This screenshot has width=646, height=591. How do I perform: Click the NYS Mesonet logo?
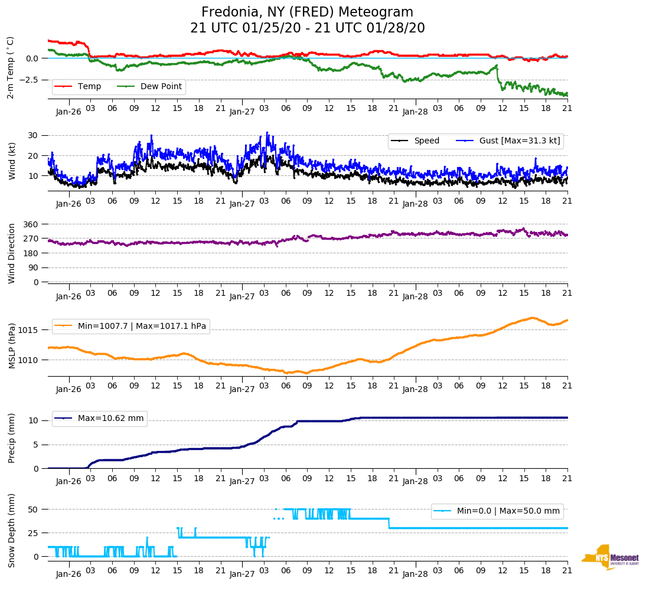point(610,557)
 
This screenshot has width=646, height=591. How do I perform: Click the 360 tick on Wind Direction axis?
point(31,224)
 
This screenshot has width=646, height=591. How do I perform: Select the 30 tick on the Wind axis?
point(34,135)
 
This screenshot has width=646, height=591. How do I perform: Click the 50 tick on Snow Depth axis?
point(34,509)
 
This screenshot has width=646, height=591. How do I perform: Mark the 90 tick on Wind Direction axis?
point(34,267)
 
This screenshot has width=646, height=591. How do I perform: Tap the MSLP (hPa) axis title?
point(12,346)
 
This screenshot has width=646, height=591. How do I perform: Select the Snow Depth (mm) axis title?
point(12,530)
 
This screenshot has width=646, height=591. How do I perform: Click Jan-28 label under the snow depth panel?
point(415,574)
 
